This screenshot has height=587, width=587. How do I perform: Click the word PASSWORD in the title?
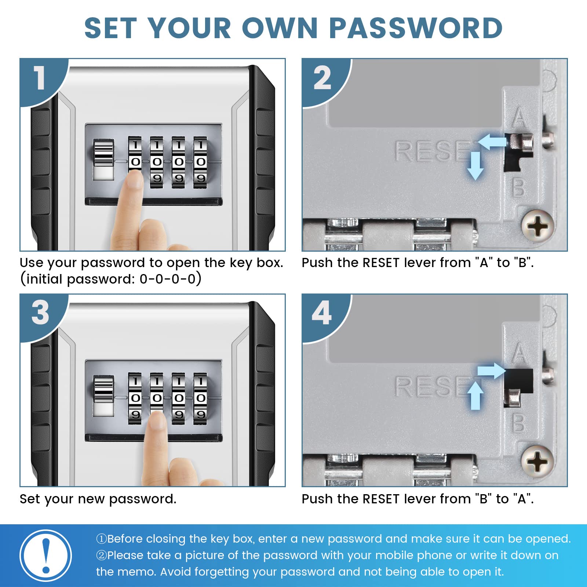pos(416,28)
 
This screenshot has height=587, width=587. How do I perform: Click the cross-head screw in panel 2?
pos(537,225)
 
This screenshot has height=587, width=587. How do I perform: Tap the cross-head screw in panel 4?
pos(537,461)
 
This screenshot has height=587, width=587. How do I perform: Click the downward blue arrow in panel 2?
pos(475,165)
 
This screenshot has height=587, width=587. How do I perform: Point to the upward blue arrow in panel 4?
pos(475,395)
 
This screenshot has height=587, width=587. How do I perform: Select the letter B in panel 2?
pos(518,187)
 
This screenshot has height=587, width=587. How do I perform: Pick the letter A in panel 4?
pos(519,353)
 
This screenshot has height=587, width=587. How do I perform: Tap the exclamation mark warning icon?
pos(46,555)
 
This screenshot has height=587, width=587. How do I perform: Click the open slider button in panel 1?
pos(103,160)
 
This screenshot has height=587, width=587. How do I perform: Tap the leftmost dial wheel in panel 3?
pos(135,398)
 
